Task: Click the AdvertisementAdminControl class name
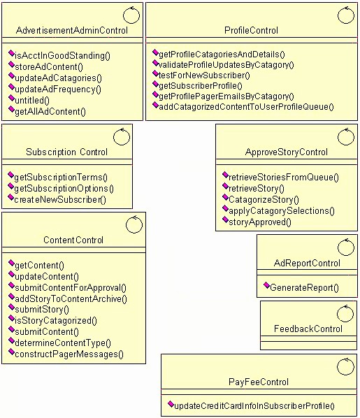(x=72, y=30)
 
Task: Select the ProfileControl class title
(x=251, y=30)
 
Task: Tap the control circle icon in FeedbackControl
(x=345, y=313)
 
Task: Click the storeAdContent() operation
(x=49, y=66)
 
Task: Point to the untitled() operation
(x=32, y=100)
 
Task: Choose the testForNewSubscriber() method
(x=204, y=75)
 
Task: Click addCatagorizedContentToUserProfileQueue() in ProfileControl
(x=246, y=107)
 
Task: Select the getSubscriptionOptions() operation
(x=64, y=189)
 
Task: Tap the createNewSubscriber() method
(x=60, y=200)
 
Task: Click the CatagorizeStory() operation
(x=264, y=199)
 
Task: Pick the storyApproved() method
(x=260, y=222)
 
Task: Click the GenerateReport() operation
(x=304, y=288)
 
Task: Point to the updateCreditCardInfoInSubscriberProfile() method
(x=254, y=405)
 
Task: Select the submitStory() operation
(x=42, y=309)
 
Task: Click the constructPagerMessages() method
(x=69, y=354)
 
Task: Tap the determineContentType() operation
(x=63, y=343)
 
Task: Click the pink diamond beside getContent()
(x=11, y=263)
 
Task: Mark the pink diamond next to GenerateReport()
(x=266, y=285)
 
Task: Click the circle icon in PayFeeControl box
(x=345, y=366)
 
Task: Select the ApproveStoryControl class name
(x=286, y=152)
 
